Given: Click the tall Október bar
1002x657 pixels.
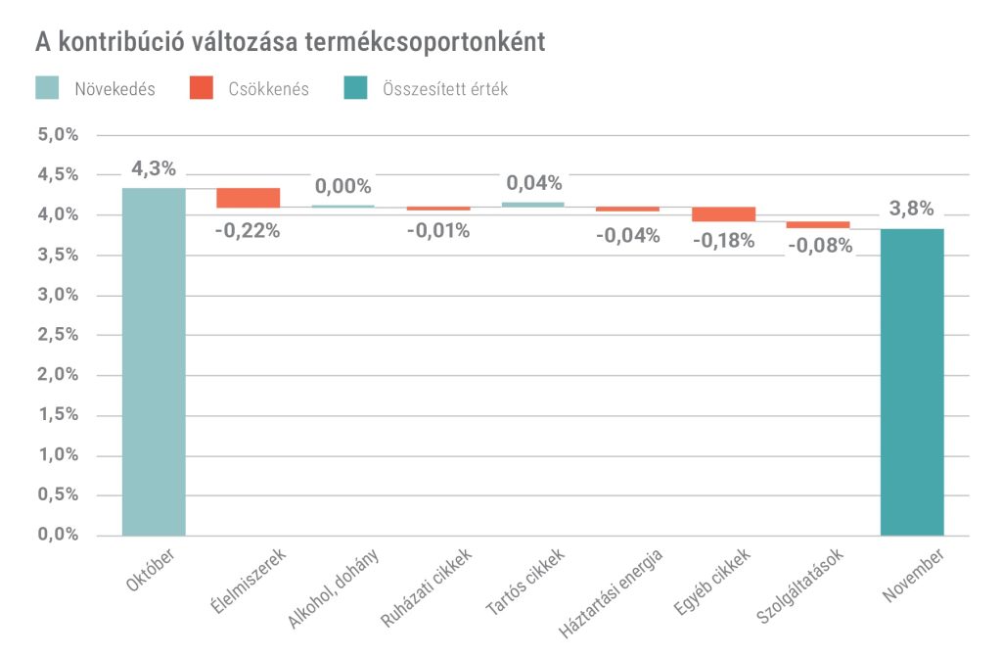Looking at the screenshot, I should click(x=154, y=361).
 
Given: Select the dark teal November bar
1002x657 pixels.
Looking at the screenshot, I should click(x=912, y=382).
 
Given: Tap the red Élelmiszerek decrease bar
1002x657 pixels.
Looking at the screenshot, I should click(x=249, y=198).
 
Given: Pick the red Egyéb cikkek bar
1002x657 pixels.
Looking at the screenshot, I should click(x=723, y=213).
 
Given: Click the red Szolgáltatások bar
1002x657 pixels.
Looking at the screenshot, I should click(x=818, y=224).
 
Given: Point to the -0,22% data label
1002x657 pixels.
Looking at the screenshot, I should click(x=249, y=231).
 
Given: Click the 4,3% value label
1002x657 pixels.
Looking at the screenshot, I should click(x=154, y=168).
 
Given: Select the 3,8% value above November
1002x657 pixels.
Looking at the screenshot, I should click(x=912, y=209).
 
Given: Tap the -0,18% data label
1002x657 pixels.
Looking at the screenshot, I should click(x=723, y=241).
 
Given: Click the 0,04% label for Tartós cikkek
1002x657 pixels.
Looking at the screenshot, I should click(x=533, y=183).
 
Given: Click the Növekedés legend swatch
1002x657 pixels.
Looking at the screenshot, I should click(x=47, y=88).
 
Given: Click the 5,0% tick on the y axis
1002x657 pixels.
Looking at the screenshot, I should click(x=58, y=134).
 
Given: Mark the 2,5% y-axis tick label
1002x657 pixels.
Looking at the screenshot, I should click(x=58, y=335).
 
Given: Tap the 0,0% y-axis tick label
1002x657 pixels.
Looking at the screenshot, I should click(x=58, y=535).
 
